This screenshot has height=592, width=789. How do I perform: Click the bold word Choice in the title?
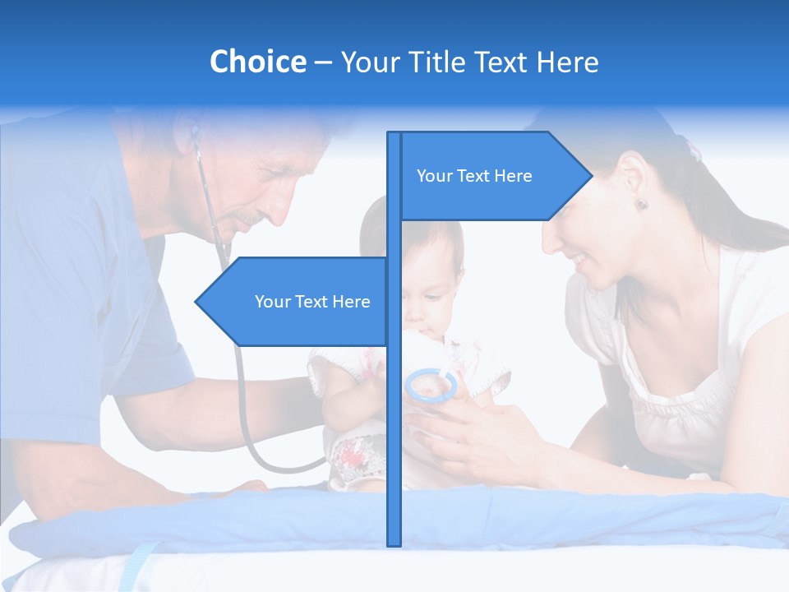pyautogui.click(x=257, y=62)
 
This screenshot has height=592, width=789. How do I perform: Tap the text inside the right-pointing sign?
pyautogui.click(x=474, y=176)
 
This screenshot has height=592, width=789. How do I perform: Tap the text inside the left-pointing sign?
pyautogui.click(x=312, y=302)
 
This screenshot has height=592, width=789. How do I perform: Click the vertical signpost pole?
pyautogui.click(x=394, y=411)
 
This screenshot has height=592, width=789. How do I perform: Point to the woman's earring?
pyautogui.click(x=641, y=203)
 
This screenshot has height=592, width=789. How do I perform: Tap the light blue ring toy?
pyautogui.click(x=431, y=384)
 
